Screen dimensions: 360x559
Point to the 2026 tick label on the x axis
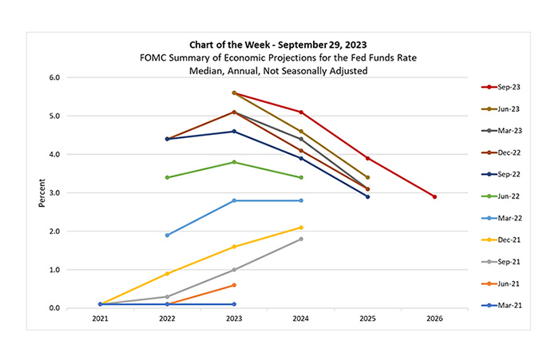pyautogui.click(x=434, y=319)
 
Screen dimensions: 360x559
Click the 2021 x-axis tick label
pyautogui.click(x=100, y=319)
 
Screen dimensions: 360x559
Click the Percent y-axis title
pyautogui.click(x=41, y=192)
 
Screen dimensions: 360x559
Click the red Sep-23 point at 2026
pyautogui.click(x=434, y=196)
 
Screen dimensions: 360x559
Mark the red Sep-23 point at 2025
pyautogui.click(x=367, y=158)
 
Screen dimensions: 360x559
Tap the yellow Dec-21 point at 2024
pyautogui.click(x=300, y=227)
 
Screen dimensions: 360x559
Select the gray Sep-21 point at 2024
pyautogui.click(x=300, y=239)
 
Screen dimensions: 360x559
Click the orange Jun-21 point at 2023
pyautogui.click(x=233, y=285)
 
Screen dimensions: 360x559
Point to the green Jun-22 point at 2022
pyautogui.click(x=167, y=177)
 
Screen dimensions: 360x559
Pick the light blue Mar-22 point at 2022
pyautogui.click(x=167, y=235)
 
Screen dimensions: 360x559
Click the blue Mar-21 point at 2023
pyautogui.click(x=233, y=304)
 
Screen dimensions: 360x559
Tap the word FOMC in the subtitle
pyautogui.click(x=151, y=57)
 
